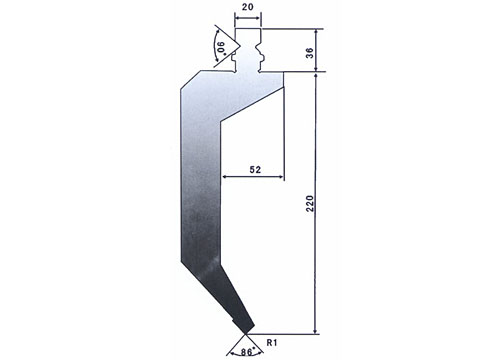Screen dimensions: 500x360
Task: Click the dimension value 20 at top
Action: coord(247,7)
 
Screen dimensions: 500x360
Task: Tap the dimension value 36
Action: coord(310,53)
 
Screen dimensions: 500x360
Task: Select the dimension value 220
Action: coord(310,203)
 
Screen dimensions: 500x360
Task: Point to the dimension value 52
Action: coord(255,170)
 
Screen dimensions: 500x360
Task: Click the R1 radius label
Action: coord(272,342)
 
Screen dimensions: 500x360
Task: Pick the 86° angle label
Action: coord(247,352)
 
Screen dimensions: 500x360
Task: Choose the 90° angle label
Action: coord(221,48)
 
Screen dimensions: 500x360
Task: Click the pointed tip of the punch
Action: coord(246,333)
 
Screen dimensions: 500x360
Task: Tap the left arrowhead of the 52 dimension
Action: coord(225,177)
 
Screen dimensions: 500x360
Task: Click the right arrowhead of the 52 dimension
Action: coord(281,177)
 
